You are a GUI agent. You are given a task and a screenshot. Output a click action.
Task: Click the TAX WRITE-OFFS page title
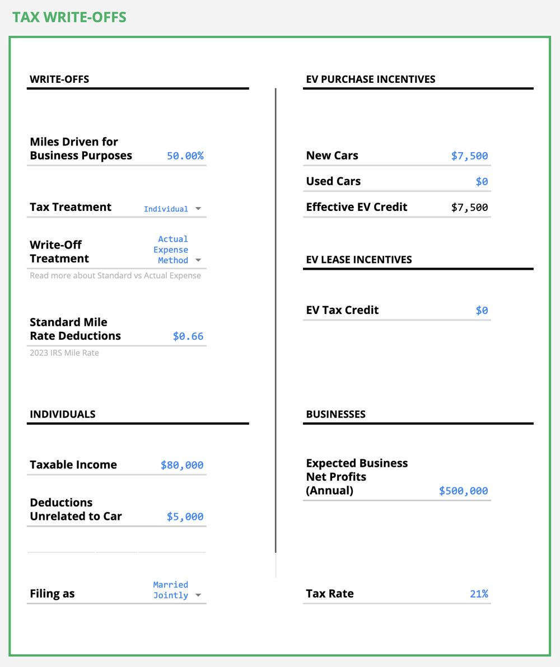69,17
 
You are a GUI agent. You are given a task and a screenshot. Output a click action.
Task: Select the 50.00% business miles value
185,156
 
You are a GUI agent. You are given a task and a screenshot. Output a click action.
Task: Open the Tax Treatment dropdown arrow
198,209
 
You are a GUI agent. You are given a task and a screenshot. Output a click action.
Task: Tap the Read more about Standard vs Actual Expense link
115,275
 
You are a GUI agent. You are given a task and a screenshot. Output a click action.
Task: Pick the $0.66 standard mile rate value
188,336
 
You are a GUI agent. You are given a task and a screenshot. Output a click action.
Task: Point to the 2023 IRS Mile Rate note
64,353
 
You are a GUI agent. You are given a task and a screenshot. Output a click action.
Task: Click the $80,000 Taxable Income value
182,465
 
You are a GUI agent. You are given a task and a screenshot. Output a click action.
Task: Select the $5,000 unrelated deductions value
185,516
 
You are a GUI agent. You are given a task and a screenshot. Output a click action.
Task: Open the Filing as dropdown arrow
198,595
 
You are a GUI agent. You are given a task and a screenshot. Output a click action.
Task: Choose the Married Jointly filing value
170,590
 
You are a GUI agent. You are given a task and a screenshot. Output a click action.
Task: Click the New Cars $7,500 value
469,156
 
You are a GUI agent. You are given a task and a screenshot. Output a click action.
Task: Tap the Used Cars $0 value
482,182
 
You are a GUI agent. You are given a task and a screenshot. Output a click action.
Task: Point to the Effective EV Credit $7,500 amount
469,208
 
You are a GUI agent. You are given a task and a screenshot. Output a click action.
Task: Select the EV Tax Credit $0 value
482,311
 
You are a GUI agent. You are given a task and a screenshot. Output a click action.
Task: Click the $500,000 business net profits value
463,491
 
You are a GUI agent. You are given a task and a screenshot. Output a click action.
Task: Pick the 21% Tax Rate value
479,594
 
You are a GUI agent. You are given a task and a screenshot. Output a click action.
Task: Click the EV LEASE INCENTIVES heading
358,260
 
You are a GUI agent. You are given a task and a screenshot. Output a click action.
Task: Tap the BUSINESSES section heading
335,415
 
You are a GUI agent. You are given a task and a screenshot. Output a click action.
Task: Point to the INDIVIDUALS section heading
63,415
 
